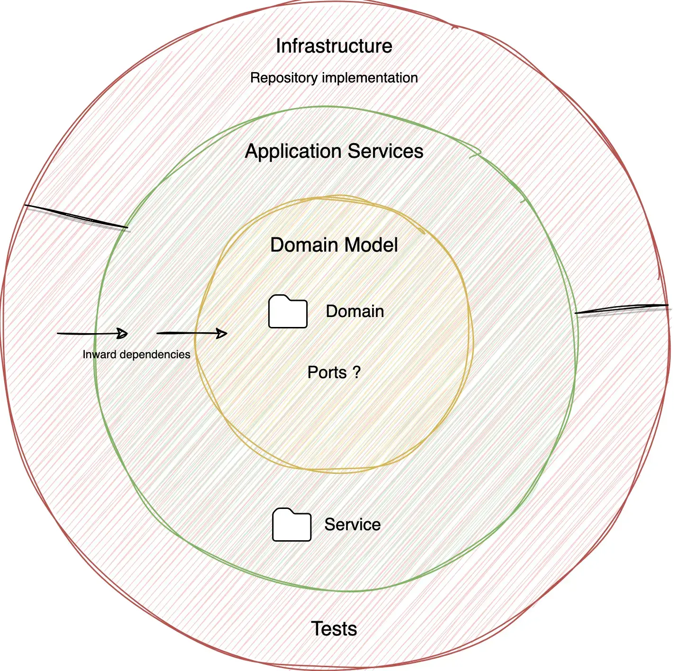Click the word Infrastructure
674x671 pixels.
[334, 46]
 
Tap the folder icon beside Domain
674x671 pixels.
[288, 312]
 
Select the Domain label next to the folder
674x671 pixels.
[355, 311]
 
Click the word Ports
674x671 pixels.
[327, 372]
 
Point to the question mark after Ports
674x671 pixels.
[357, 372]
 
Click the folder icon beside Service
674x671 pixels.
[291, 525]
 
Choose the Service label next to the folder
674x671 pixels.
[352, 525]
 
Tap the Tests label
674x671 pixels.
[334, 629]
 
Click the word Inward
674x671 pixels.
[100, 354]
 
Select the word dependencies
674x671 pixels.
[155, 354]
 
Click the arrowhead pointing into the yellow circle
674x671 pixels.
[222, 334]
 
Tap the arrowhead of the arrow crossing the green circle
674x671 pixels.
[122, 334]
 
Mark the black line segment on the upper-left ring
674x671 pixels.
[76, 216]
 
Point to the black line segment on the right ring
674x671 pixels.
[621, 309]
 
